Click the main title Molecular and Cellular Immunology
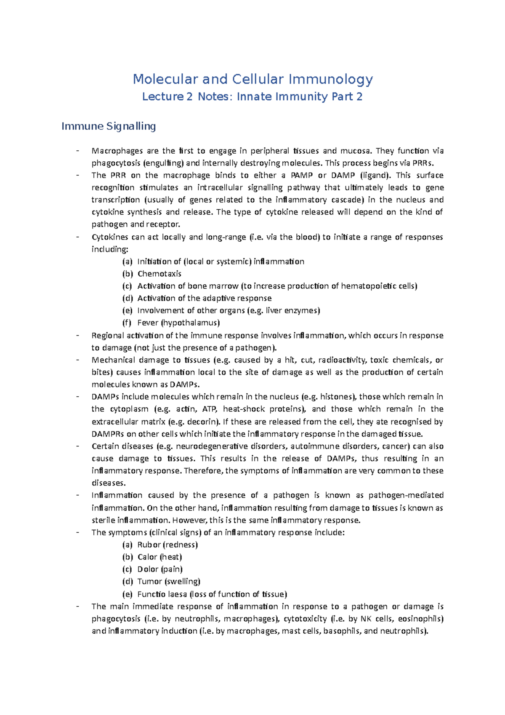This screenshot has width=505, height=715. (252, 79)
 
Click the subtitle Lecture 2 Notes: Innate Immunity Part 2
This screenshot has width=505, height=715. (252, 97)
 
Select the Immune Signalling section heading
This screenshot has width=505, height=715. (109, 126)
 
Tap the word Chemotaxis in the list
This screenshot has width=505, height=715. (159, 274)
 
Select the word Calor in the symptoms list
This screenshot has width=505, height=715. (147, 557)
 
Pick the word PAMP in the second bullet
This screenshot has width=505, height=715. (302, 176)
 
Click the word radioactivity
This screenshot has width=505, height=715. (341, 360)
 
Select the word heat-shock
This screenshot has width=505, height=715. (244, 409)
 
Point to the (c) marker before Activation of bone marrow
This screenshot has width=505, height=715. (127, 286)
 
